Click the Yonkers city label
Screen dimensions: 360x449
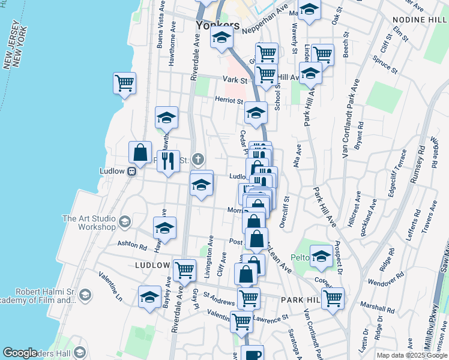pos(217,26)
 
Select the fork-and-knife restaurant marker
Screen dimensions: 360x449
pos(168,161)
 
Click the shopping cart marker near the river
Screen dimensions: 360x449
pos(124,83)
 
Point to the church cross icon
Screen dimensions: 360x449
pos(199,160)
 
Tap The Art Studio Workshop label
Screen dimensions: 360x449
pos(89,223)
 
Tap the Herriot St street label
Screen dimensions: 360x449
pos(230,101)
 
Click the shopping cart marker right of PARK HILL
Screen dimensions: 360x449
pos(333,298)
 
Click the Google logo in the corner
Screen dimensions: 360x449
pos(20,353)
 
